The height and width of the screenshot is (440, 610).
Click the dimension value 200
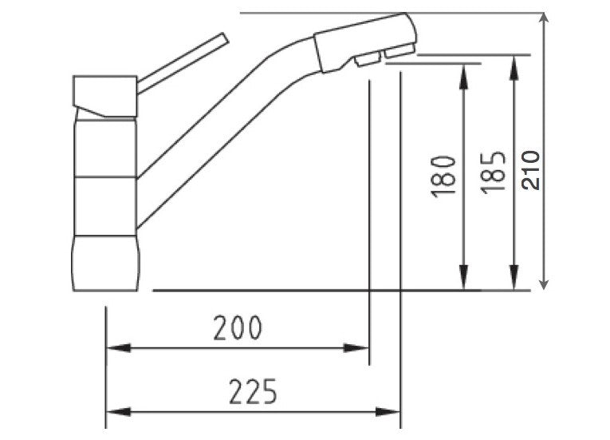pos(237,328)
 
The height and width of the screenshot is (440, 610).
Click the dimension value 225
pos(253,392)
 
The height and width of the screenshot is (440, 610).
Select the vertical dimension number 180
pos(446,176)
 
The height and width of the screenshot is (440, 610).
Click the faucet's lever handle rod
pos(183,60)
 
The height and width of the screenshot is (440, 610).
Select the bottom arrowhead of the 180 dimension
pos(462,279)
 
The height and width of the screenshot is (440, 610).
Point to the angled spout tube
pos(215,128)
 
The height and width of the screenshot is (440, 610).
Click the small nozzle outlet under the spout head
pos(368,61)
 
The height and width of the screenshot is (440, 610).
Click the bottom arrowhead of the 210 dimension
pos(544,280)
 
